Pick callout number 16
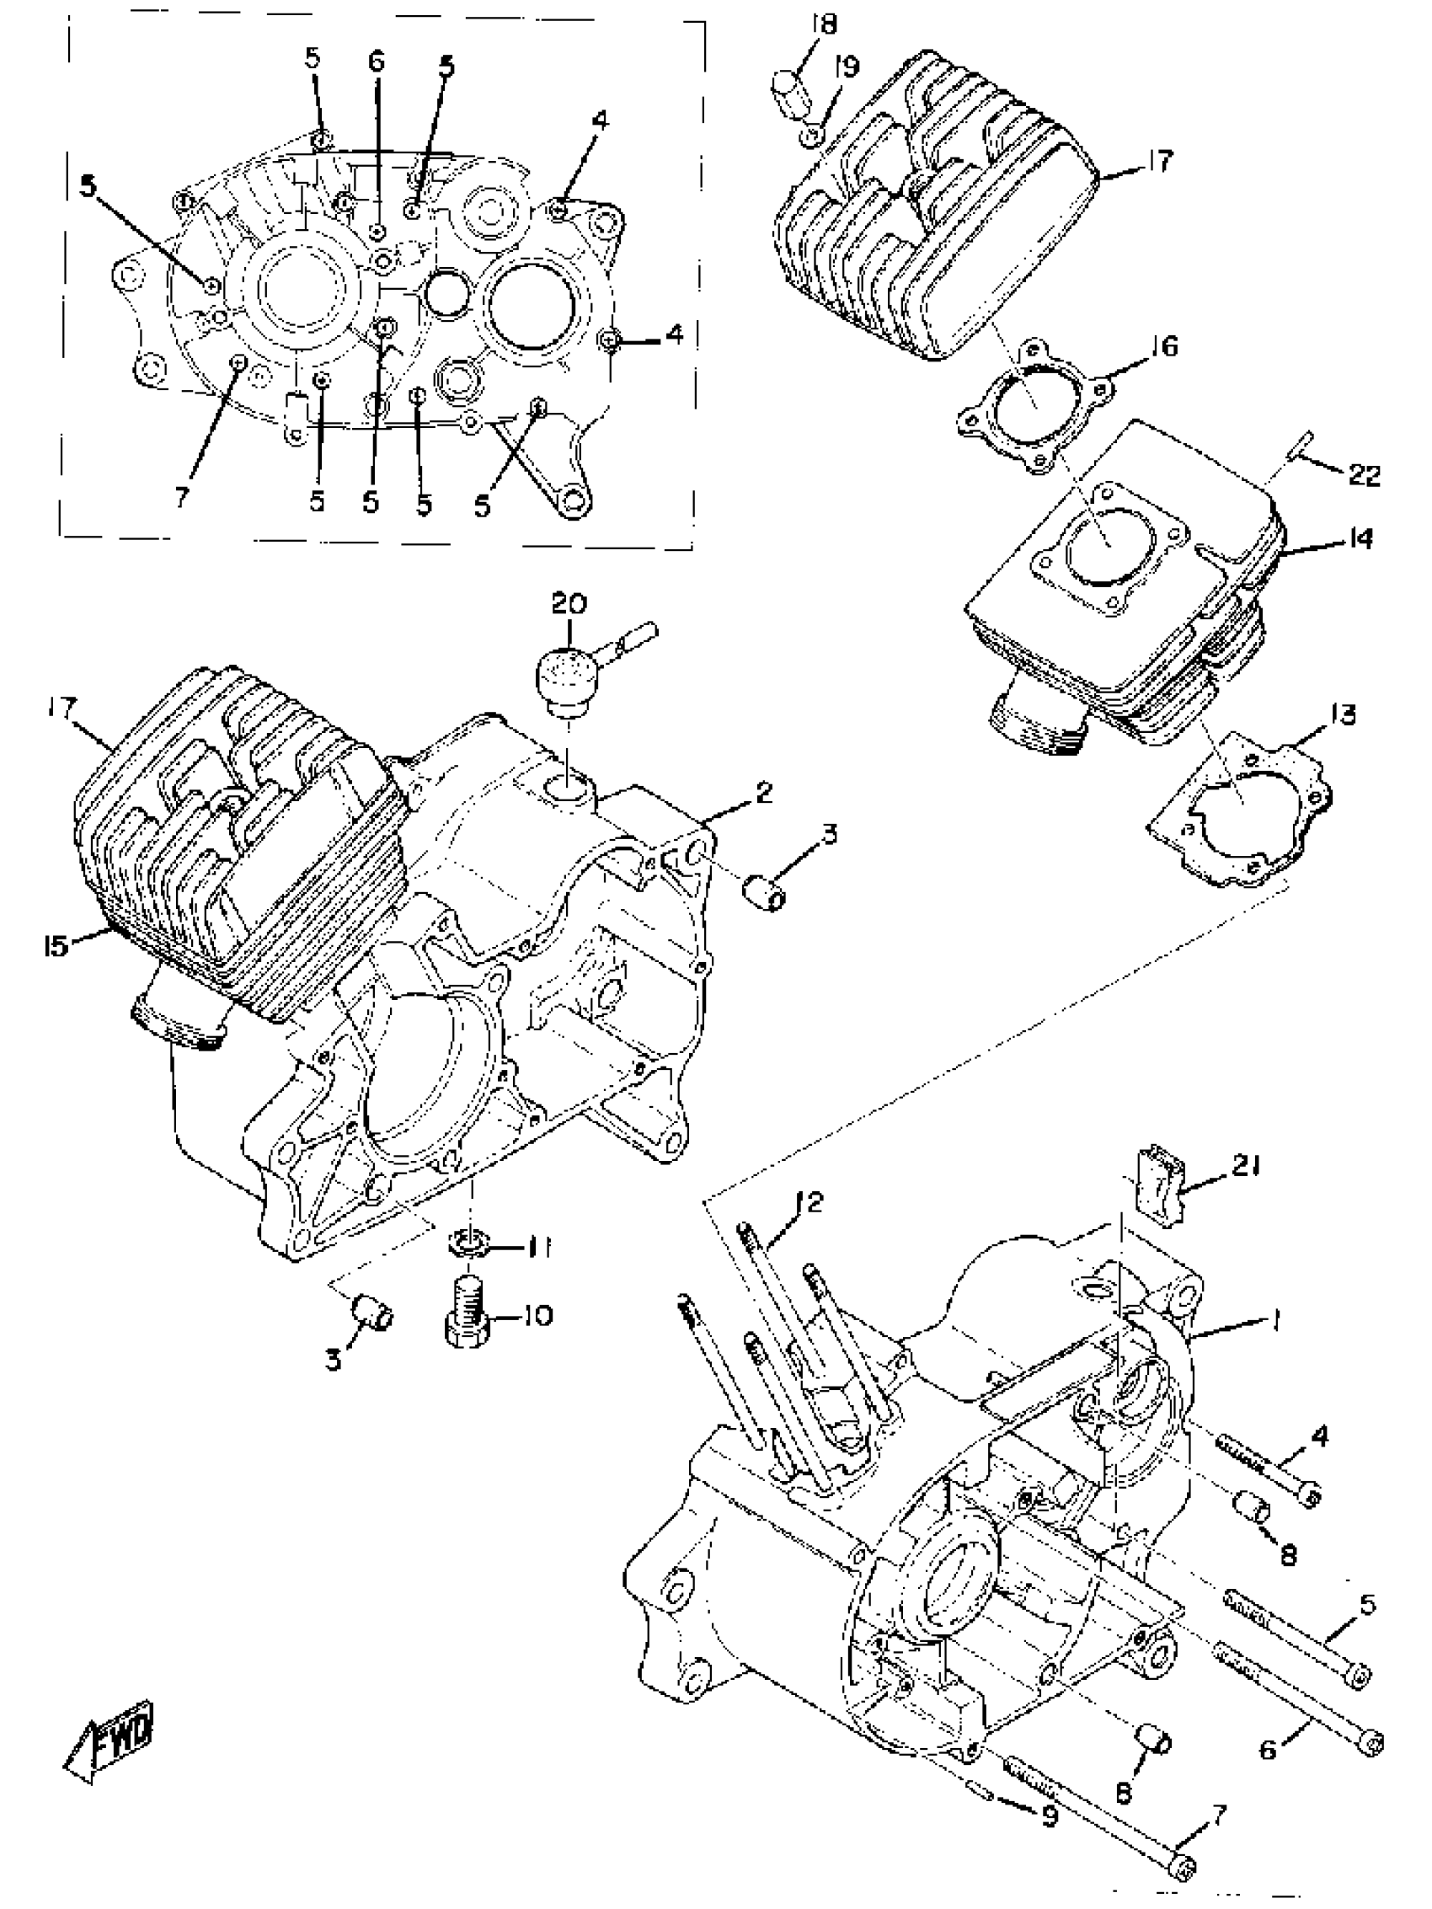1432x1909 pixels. (1164, 347)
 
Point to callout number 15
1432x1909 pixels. (56, 946)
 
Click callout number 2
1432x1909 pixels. (763, 792)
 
